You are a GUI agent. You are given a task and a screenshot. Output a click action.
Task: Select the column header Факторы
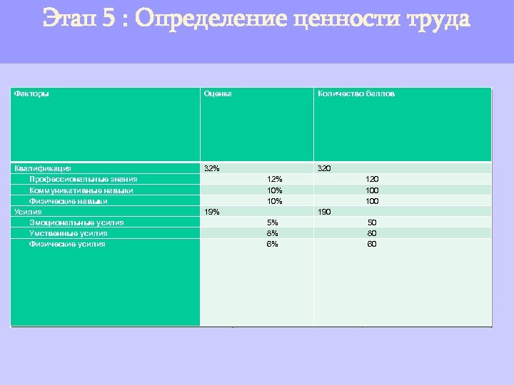tap(32, 93)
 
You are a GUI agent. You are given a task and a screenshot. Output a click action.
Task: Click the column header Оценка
tap(217, 93)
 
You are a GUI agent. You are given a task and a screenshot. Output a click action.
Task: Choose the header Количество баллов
tap(356, 93)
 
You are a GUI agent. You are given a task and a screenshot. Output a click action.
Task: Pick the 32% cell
tap(212, 168)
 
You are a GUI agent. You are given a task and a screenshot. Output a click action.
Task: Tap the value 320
tap(324, 168)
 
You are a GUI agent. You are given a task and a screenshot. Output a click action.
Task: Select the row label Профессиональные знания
tap(84, 179)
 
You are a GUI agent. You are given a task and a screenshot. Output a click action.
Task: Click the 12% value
tap(274, 179)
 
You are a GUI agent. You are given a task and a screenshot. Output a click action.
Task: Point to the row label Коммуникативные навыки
tap(81, 190)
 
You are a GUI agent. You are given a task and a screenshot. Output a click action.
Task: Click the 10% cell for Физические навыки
tap(274, 201)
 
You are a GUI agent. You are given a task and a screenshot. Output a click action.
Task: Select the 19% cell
tap(212, 212)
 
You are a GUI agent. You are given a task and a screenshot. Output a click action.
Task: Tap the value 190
tap(324, 212)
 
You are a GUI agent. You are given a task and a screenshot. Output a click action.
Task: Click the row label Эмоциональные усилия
tap(76, 222)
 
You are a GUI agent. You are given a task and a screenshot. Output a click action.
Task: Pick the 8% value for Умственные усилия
tap(272, 233)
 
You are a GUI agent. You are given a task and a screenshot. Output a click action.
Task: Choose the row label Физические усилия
tap(67, 244)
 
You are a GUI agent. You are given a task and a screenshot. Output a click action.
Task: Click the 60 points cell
tap(372, 244)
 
